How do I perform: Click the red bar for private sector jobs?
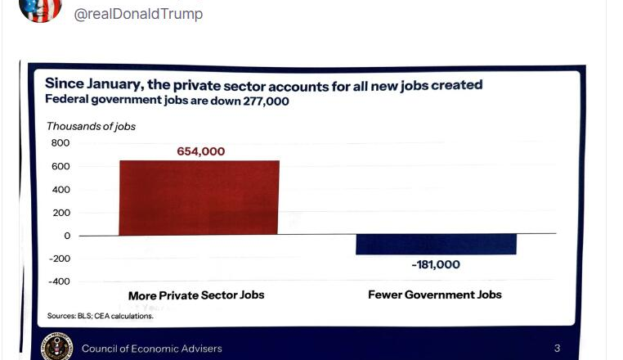pyautogui.click(x=199, y=197)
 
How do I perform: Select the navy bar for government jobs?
pyautogui.click(x=436, y=244)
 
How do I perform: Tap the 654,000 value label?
pyautogui.click(x=200, y=151)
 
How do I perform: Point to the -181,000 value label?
pyautogui.click(x=435, y=265)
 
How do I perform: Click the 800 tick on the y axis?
pyautogui.click(x=61, y=143)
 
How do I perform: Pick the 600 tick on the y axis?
pyautogui.click(x=61, y=167)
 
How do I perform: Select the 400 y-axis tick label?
pyautogui.click(x=61, y=190)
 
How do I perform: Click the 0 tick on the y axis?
pyautogui.click(x=66, y=236)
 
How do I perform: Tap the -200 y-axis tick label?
pyautogui.click(x=59, y=259)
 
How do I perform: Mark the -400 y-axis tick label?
pyautogui.click(x=59, y=281)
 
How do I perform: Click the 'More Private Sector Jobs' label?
pyautogui.click(x=196, y=295)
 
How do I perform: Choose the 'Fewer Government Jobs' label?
pyautogui.click(x=435, y=295)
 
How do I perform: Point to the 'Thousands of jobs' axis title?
pyautogui.click(x=91, y=126)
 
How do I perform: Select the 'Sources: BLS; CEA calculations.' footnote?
pyautogui.click(x=101, y=315)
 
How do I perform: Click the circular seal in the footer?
pyautogui.click(x=57, y=347)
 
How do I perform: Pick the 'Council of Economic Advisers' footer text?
pyautogui.click(x=151, y=349)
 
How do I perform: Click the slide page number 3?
pyautogui.click(x=557, y=349)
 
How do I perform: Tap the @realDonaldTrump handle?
pyautogui.click(x=138, y=14)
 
